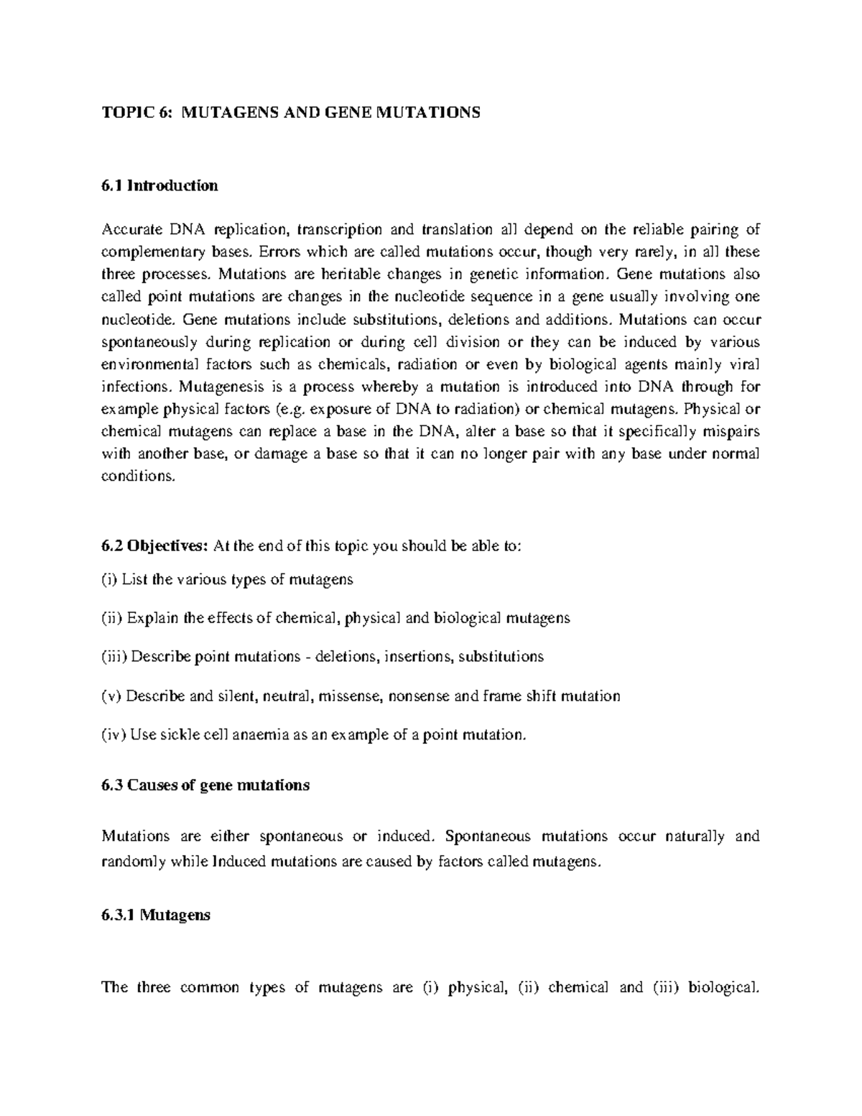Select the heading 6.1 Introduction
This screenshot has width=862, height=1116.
tap(159, 185)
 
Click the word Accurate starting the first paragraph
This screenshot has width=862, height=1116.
tap(131, 230)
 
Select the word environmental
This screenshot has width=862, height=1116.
tap(147, 364)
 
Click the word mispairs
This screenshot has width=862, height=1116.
tap(730, 431)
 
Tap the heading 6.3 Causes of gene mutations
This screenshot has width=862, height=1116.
tap(205, 785)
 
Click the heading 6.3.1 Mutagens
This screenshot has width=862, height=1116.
tap(156, 916)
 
